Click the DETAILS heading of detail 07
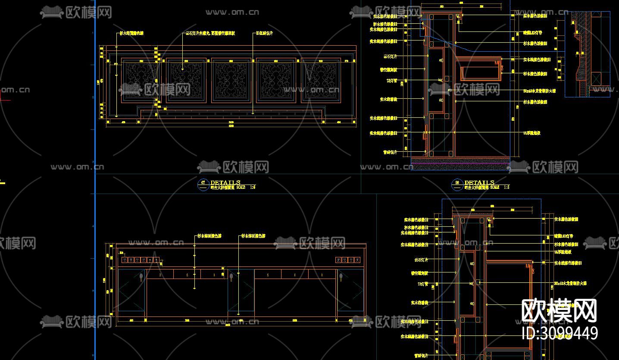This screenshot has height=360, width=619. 225,182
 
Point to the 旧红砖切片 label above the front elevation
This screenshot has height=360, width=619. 264,33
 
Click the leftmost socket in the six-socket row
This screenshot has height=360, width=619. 124,260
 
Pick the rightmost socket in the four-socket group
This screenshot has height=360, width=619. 357,260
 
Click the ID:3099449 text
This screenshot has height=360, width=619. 560,333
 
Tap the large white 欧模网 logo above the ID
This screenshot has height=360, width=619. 559,310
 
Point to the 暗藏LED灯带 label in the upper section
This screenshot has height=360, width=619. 533,33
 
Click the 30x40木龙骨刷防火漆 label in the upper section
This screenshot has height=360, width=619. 539,91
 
